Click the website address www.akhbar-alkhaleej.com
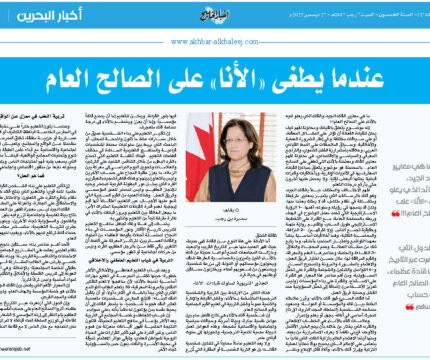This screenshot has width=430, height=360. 215,41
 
